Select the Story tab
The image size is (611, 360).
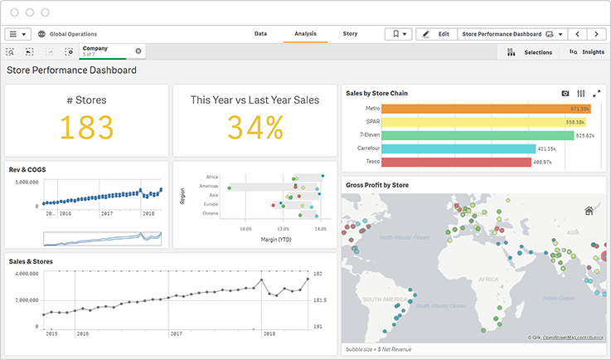(x=350, y=34)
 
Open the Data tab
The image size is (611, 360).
(x=260, y=34)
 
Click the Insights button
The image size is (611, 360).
(x=587, y=51)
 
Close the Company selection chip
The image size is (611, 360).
(x=138, y=51)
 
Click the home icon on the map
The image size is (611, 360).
(x=589, y=211)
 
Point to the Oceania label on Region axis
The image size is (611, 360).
(x=210, y=213)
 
